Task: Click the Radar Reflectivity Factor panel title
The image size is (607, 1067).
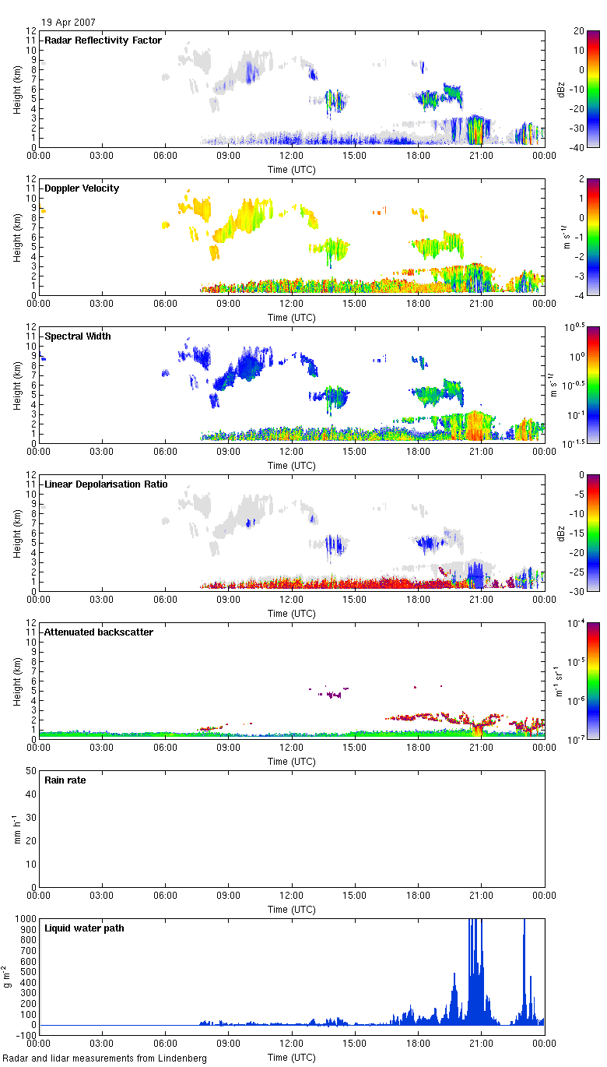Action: click(103, 40)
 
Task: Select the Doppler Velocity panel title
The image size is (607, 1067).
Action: click(82, 188)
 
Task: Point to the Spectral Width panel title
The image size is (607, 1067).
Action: click(77, 336)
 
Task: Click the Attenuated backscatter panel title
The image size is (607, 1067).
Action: click(99, 632)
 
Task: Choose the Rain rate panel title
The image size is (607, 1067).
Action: click(65, 780)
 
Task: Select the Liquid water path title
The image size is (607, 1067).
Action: click(84, 928)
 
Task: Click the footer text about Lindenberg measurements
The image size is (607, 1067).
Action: click(105, 1058)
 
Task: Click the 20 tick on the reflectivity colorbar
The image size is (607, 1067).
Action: click(579, 31)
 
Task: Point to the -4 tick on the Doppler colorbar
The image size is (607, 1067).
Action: click(579, 295)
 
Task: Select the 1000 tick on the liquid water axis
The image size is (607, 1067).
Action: click(25, 919)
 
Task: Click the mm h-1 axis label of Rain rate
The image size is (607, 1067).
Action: click(9, 829)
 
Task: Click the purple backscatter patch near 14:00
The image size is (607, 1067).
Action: click(335, 694)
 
